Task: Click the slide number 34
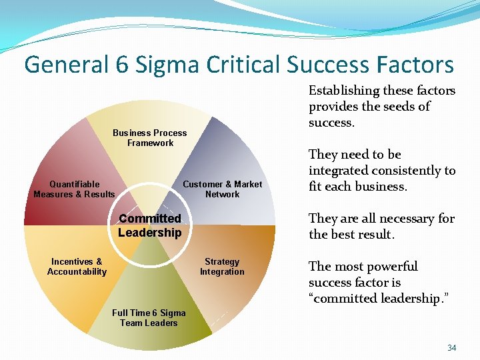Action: pos(451,347)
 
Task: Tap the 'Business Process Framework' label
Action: pos(150,138)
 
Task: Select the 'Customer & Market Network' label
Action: pos(222,189)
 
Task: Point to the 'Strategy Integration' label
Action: pos(222,267)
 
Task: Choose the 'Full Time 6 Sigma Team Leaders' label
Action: pos(149,318)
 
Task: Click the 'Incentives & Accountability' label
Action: pos(77,267)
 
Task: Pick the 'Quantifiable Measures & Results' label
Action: pos(74,189)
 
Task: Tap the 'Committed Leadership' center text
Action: pos(149,225)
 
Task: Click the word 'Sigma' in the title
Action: pos(169,65)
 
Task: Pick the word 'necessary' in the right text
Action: pos(397,219)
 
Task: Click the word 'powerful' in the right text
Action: pos(392,267)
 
